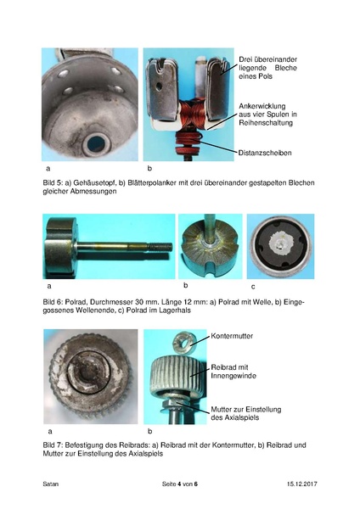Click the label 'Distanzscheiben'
(265, 153)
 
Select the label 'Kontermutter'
(232, 336)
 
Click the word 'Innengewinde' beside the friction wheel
(233, 376)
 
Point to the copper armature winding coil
(192, 115)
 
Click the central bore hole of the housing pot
(96, 143)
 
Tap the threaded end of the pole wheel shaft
(160, 248)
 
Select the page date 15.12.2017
(301, 484)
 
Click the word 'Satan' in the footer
(51, 484)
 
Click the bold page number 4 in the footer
(179, 484)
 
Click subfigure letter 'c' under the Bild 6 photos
(253, 287)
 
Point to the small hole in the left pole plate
(159, 86)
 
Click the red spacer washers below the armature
(188, 143)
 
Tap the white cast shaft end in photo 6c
(280, 242)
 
